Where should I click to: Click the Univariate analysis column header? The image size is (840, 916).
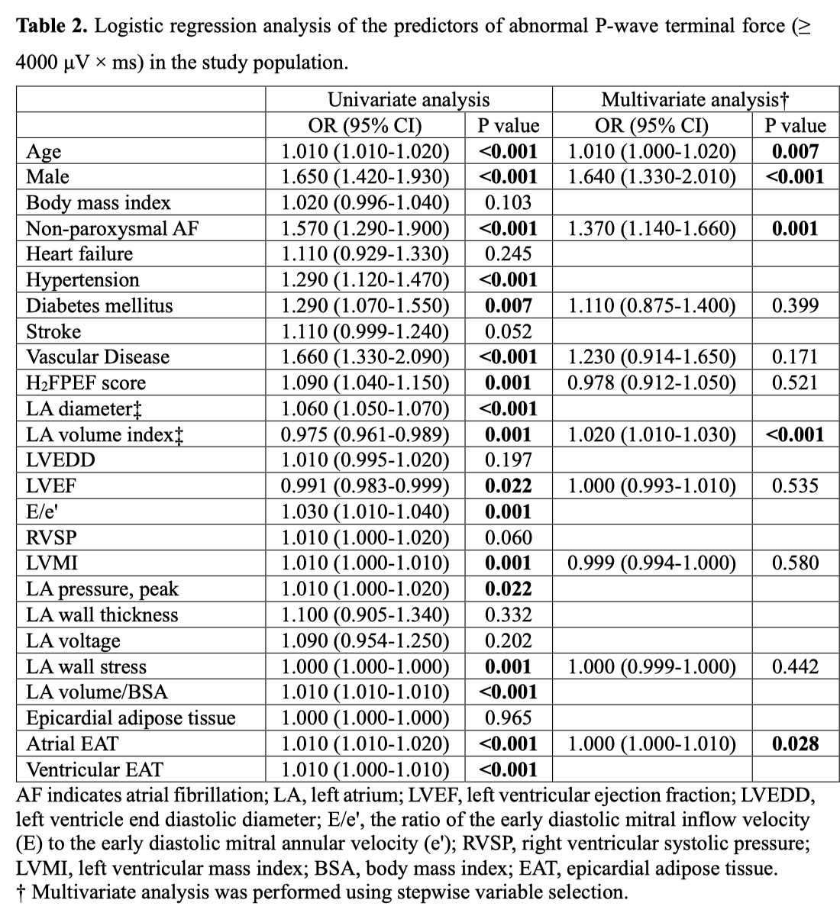(x=409, y=99)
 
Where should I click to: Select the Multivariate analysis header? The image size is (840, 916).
(x=695, y=99)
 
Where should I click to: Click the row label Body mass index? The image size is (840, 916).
(x=99, y=202)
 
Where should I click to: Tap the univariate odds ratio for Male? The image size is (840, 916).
(x=365, y=177)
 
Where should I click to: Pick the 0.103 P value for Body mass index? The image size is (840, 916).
(x=508, y=202)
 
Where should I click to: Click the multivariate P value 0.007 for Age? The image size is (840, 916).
(x=795, y=151)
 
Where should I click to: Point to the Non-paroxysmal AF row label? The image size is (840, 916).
(x=112, y=228)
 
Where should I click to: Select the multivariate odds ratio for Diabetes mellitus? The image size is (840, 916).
(x=652, y=305)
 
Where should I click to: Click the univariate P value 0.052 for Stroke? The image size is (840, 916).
(x=508, y=331)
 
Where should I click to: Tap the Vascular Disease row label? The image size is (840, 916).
(x=98, y=357)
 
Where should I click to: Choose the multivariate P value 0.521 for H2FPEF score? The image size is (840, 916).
(x=795, y=383)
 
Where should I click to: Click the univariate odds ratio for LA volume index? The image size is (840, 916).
(x=365, y=434)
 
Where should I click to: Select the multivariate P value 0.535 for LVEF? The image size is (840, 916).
(x=795, y=486)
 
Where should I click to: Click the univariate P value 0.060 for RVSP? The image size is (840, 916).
(x=508, y=537)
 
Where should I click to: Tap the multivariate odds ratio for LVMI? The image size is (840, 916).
(x=652, y=563)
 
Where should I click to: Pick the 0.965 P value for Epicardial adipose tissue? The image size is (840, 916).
(x=508, y=718)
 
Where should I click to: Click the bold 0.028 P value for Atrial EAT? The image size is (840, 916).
(x=795, y=743)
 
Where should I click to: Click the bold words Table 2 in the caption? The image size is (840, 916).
(x=53, y=27)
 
